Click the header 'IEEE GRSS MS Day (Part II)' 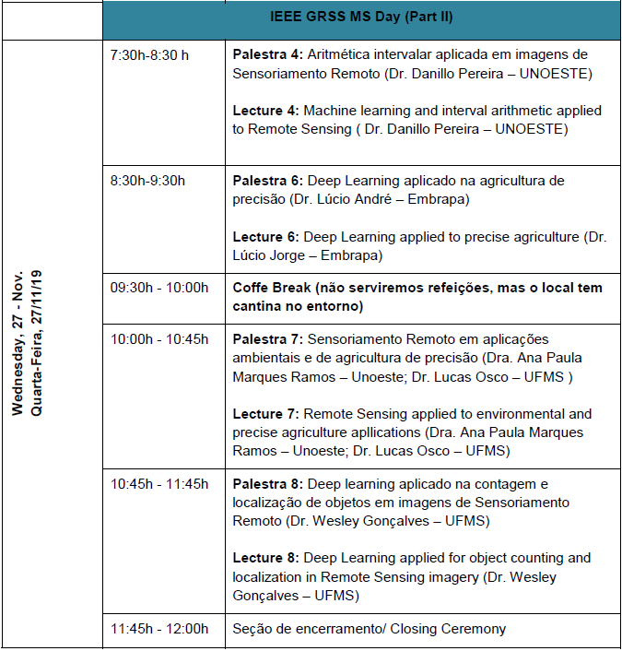pos(361,18)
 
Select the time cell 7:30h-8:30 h pos(149,54)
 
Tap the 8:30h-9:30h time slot pos(147,181)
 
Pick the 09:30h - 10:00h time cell pos(159,288)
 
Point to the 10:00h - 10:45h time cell pos(159,339)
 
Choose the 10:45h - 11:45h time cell pos(159,484)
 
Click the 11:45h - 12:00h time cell pos(159,629)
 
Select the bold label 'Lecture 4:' pos(265,111)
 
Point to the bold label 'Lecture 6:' pos(265,237)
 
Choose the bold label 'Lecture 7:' pos(265,414)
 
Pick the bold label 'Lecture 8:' pos(265,558)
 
